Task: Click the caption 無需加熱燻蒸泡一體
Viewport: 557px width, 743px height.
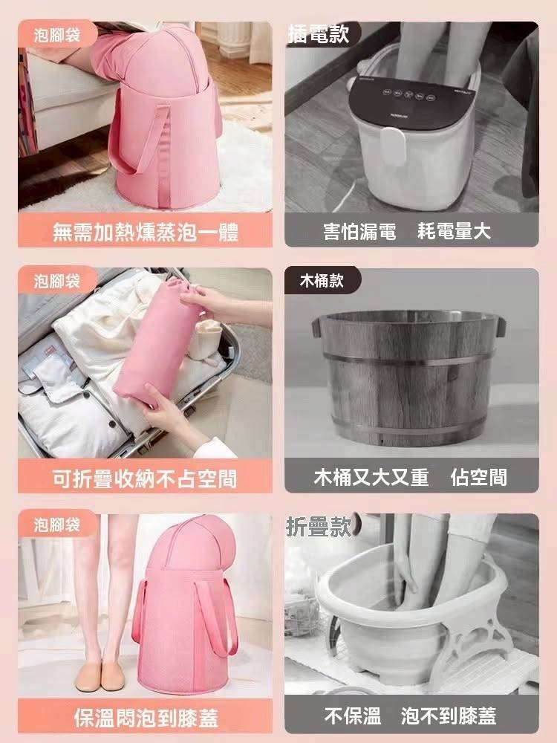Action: [146, 232]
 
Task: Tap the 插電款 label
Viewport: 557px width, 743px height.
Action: [319, 33]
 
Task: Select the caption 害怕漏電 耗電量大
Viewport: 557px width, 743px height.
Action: [407, 231]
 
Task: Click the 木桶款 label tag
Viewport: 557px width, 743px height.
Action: [322, 281]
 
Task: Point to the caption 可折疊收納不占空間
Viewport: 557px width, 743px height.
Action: [145, 478]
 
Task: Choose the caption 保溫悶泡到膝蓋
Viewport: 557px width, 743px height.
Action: [146, 718]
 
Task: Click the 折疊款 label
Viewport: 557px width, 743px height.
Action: [319, 527]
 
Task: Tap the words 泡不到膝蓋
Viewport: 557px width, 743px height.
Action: [449, 716]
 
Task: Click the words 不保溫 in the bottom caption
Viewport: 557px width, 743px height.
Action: [353, 716]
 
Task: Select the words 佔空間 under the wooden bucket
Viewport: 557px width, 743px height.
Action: [479, 477]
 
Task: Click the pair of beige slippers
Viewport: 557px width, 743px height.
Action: [100, 676]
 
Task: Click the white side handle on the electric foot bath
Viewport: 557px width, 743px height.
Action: [393, 145]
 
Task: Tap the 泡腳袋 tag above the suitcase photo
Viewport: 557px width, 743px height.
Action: [57, 281]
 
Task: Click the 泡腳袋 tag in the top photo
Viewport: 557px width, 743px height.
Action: [57, 35]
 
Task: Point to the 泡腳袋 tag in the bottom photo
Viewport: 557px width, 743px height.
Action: [57, 525]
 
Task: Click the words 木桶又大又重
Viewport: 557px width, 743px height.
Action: [371, 477]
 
